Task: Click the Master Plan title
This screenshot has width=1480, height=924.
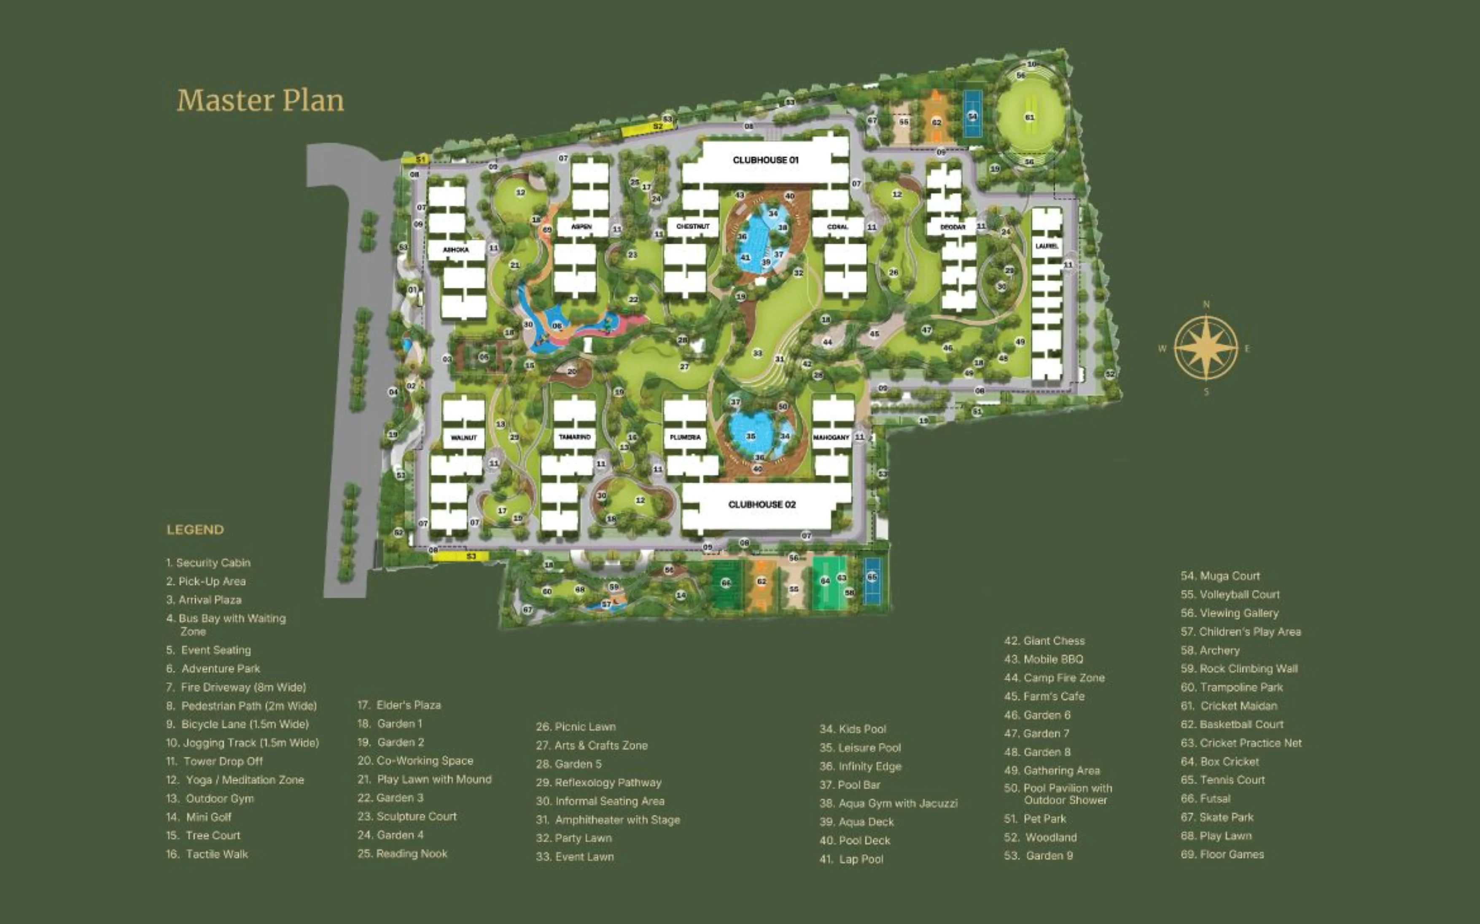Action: point(261,101)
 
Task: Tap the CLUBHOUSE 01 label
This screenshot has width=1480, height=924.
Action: point(766,160)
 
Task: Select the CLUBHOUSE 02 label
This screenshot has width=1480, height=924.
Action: point(762,505)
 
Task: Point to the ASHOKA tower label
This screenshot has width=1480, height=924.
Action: point(456,250)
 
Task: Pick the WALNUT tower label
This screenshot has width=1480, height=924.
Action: point(463,437)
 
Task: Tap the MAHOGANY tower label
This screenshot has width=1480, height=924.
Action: point(831,437)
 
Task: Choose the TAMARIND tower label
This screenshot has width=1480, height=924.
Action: point(574,437)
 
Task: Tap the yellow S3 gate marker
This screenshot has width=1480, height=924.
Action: point(471,557)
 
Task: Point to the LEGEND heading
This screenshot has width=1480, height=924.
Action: point(195,530)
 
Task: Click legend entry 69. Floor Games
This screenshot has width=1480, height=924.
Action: point(1222,854)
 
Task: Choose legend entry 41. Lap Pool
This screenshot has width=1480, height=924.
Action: point(851,859)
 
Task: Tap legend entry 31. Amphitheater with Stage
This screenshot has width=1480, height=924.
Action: point(608,820)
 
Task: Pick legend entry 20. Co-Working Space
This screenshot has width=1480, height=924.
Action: point(415,761)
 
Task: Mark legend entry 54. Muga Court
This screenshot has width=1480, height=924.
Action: point(1220,576)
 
